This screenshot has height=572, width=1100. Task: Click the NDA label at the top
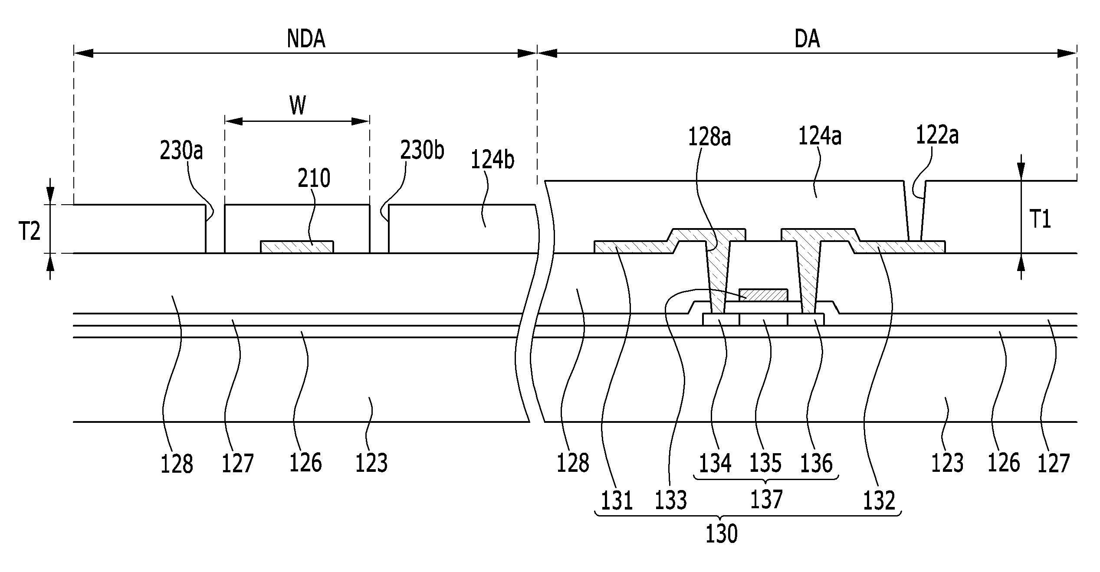306,39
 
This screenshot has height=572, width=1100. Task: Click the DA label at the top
808,39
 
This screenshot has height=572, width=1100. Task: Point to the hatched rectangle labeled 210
297,247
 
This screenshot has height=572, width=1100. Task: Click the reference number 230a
181,151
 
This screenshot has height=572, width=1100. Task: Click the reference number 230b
422,150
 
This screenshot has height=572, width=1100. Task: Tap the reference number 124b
493,160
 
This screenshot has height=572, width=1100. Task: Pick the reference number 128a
709,137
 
